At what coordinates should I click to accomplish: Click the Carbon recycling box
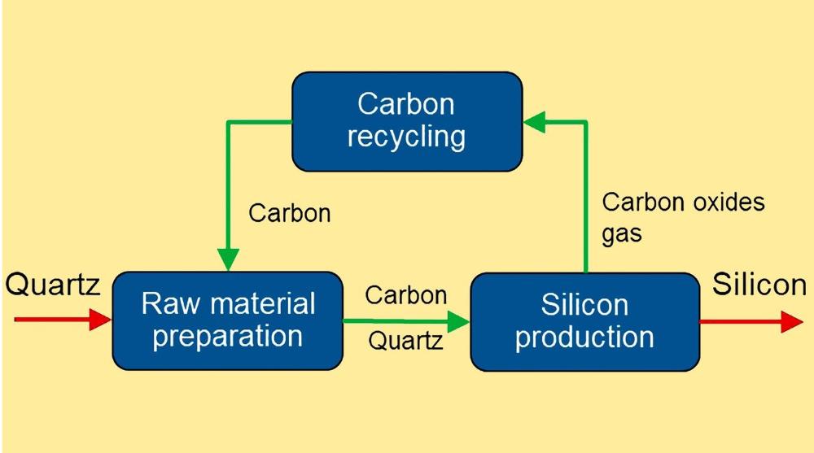pos(406,121)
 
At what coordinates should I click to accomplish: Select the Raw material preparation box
pos(227,320)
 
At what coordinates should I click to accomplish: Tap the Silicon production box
pos(584,320)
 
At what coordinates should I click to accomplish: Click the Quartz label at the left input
pos(53,285)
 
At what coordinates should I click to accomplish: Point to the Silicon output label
pos(759,285)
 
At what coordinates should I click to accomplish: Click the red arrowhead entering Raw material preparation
pos(101,320)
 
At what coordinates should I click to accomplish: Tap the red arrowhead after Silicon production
pos(791,322)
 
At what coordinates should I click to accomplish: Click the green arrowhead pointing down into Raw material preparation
pos(229,259)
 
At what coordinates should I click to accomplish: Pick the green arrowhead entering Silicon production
pos(460,322)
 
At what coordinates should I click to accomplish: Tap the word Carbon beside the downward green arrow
pos(290,213)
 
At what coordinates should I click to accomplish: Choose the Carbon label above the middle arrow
pos(405,294)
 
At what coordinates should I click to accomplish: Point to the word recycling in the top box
pos(406,137)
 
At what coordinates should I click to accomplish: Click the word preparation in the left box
pos(227,336)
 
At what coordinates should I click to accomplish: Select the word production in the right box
pos(584,337)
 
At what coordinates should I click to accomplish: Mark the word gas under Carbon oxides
pos(622,234)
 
